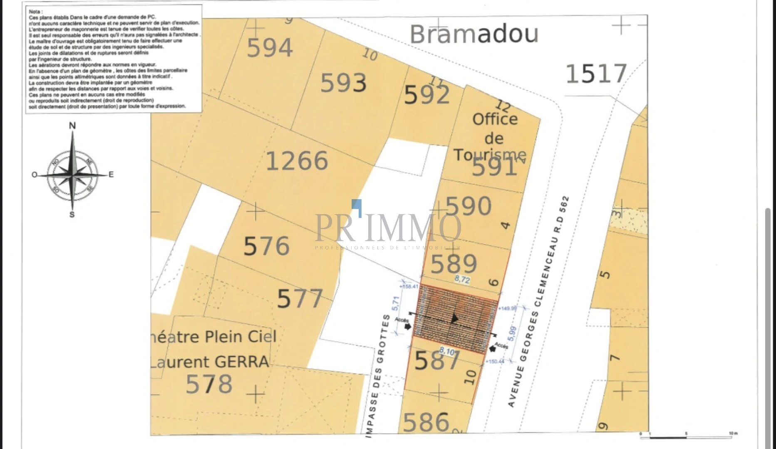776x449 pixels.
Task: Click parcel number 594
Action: click(x=270, y=48)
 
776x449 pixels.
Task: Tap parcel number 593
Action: click(x=343, y=83)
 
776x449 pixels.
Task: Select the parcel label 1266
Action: click(x=297, y=161)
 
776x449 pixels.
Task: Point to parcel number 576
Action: click(x=266, y=246)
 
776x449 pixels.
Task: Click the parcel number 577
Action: click(x=300, y=299)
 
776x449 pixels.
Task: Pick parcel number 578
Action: click(x=209, y=384)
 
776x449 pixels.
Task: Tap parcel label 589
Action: click(x=454, y=264)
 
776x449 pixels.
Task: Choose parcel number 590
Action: click(x=469, y=206)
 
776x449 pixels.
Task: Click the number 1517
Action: click(x=596, y=74)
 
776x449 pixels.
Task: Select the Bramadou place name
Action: click(x=474, y=34)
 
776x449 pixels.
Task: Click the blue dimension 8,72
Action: click(x=462, y=279)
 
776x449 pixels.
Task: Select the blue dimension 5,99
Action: click(x=512, y=334)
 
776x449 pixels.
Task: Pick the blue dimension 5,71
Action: click(x=396, y=303)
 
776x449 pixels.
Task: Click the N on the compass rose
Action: click(x=72, y=126)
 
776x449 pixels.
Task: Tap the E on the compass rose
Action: click(x=111, y=175)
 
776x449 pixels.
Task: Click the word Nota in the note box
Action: click(x=35, y=12)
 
